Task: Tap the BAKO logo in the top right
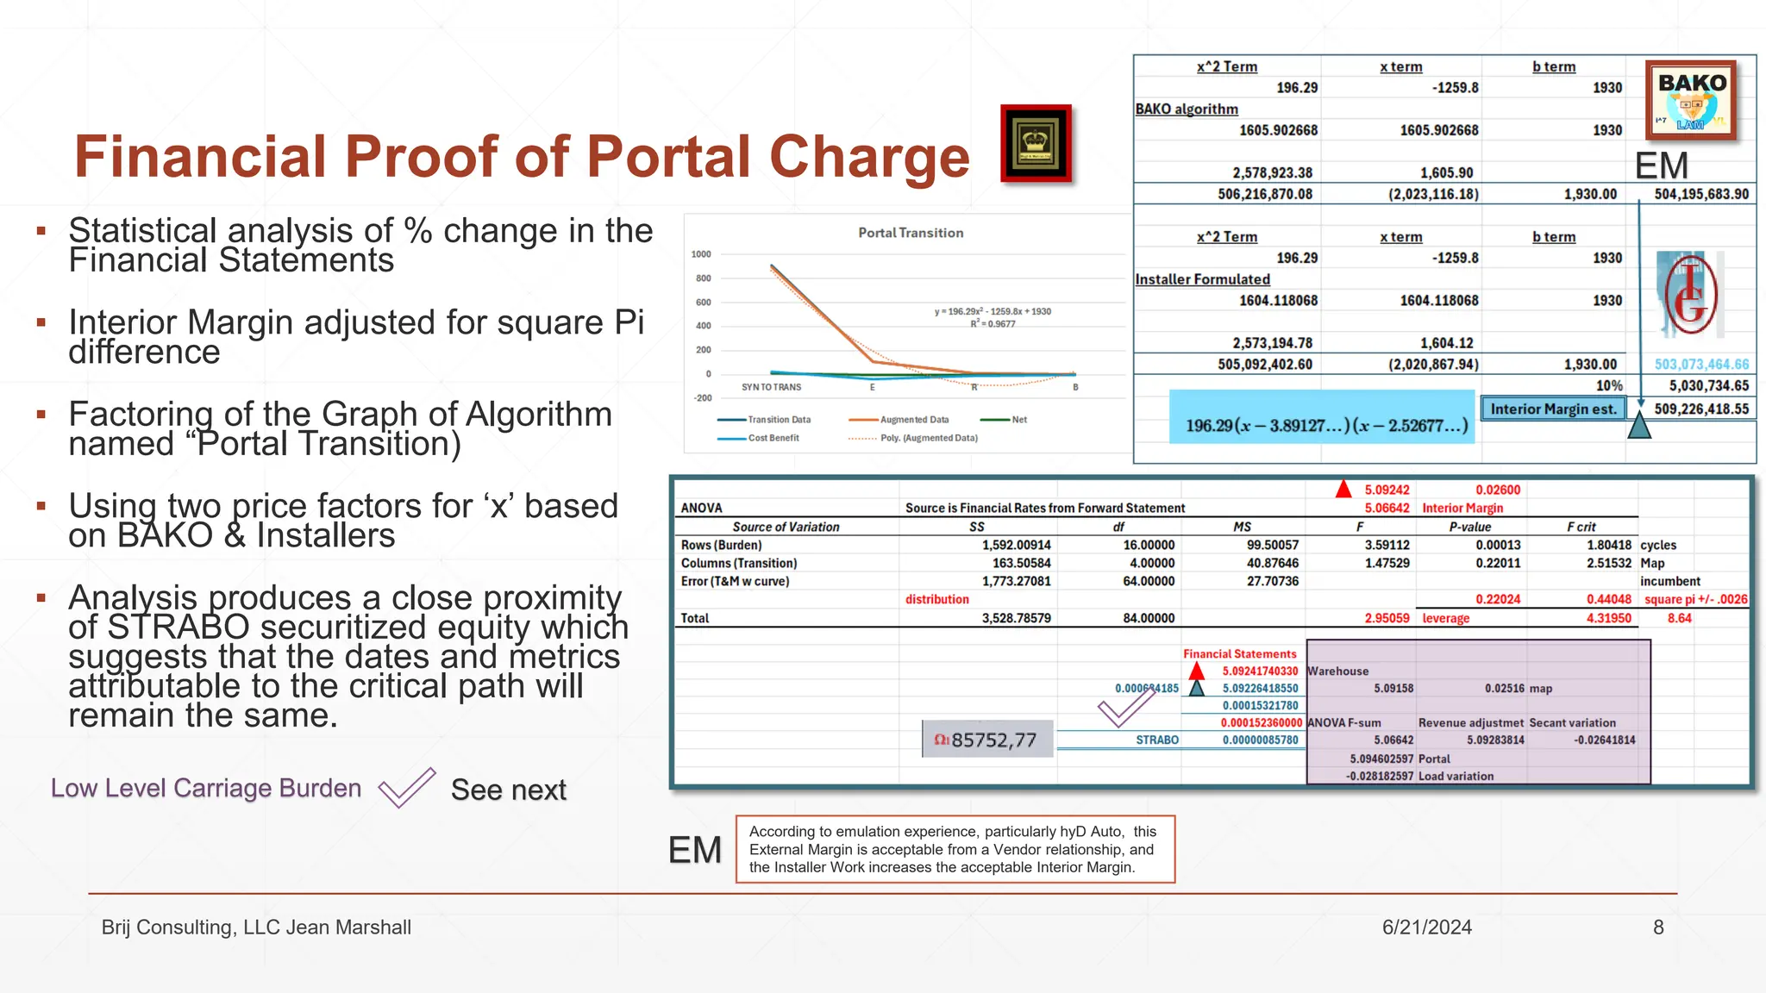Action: (1691, 100)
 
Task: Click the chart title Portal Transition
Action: (911, 233)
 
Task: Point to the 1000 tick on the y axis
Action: (701, 254)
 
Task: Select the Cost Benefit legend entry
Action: (773, 438)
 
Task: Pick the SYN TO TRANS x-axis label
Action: (771, 387)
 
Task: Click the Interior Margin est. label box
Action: (1553, 409)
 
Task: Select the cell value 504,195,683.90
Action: (1701, 194)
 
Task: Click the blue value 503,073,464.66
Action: (1701, 365)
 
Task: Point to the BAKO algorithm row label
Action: (1187, 109)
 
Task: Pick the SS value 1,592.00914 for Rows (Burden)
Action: (1016, 545)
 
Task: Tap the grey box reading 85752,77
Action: (987, 740)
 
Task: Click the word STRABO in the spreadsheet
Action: (1157, 740)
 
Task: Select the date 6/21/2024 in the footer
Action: (1426, 927)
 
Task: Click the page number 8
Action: (1658, 927)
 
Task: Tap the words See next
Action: (509, 790)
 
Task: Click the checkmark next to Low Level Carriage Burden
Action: (406, 788)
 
